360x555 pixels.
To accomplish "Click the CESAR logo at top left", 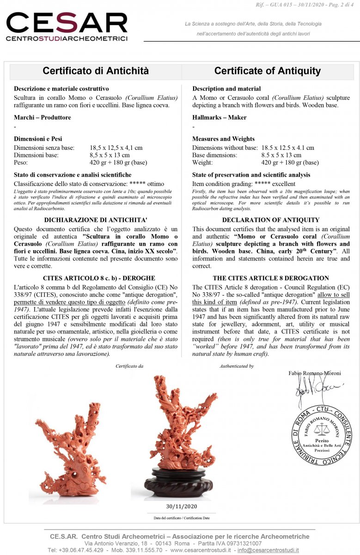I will pyautogui.click(x=67, y=27).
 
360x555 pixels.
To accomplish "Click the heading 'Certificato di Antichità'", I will pyautogui.click(x=96, y=71).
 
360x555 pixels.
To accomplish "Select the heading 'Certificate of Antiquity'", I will pyautogui.click(x=267, y=71).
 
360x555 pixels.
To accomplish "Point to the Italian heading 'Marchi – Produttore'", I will pyautogui.click(x=43, y=117).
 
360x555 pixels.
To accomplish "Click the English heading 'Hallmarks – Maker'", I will pyautogui.click(x=220, y=117).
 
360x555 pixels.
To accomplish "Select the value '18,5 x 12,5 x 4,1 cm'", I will pyautogui.click(x=116, y=148).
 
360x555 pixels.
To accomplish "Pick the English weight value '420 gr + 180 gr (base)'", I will pyautogui.click(x=290, y=162).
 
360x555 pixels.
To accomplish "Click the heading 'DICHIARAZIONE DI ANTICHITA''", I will pyautogui.click(x=95, y=220).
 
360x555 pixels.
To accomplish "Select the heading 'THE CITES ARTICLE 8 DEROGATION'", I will pyautogui.click(x=271, y=278).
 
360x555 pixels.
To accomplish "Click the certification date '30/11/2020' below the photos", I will pyautogui.click(x=181, y=506).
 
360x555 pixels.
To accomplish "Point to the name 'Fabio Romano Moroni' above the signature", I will pyautogui.click(x=314, y=373).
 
